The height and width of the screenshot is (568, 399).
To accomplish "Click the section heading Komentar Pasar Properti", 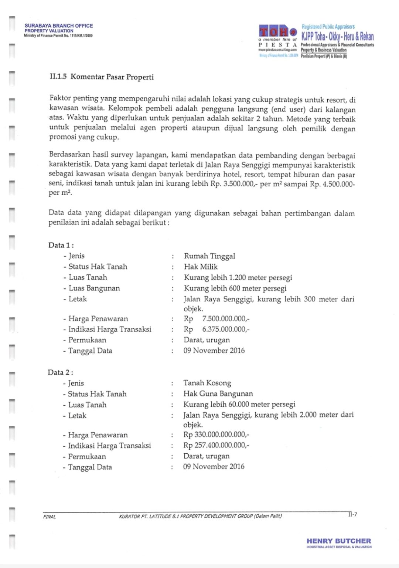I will tap(102, 77).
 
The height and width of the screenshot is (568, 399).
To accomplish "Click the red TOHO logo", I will tap(278, 31).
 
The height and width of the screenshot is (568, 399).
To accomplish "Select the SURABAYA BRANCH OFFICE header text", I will tap(59, 26).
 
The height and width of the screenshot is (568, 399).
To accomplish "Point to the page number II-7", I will tap(352, 514).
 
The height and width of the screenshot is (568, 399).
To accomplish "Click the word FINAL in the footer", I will tap(50, 517).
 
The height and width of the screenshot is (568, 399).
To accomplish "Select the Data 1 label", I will tap(61, 245).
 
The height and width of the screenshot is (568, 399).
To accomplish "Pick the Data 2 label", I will tap(60, 372).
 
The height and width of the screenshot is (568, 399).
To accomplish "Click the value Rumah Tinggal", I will tap(209, 256).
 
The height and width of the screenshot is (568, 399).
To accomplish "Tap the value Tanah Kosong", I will tap(207, 383).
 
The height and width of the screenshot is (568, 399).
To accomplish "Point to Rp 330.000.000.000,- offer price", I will tap(216, 435).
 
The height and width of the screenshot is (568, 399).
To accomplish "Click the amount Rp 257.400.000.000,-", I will tap(216, 446).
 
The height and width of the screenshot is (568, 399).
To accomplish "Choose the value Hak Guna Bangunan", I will tap(218, 394).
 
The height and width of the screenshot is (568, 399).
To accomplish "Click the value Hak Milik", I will tap(201, 267).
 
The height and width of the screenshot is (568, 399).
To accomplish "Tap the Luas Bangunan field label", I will tap(94, 288).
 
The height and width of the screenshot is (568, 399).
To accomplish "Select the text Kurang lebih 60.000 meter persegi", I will tap(239, 405).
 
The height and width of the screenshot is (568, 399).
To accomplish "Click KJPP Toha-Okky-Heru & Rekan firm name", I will tap(337, 37).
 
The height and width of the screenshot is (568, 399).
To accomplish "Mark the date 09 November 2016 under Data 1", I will tap(214, 351).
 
